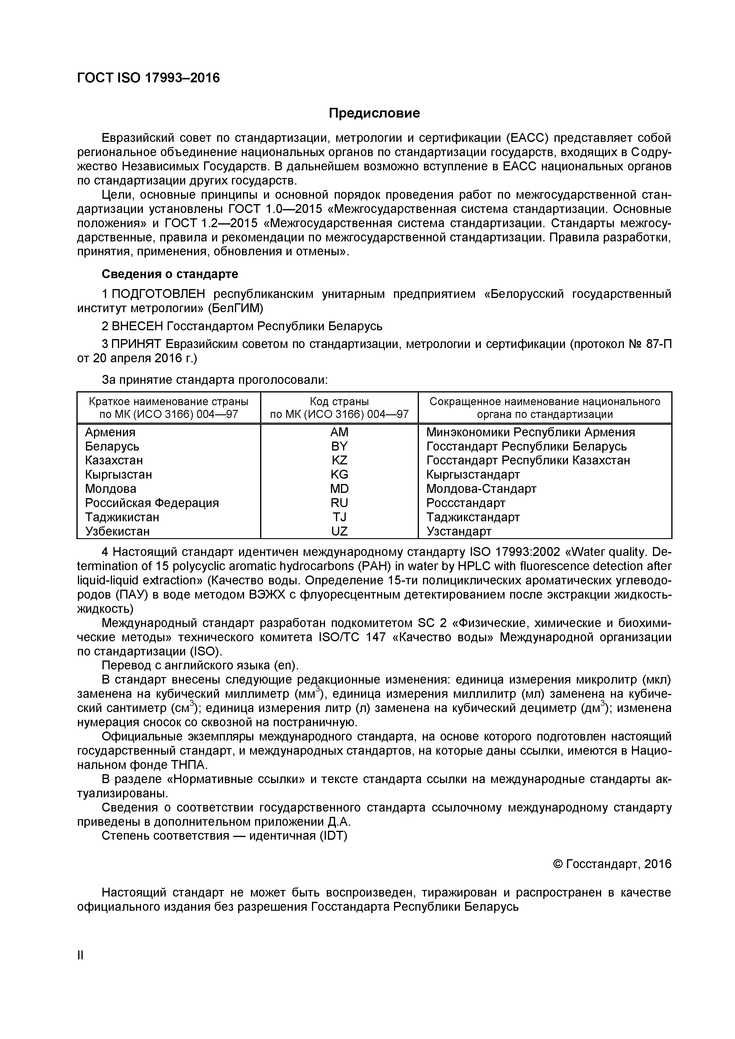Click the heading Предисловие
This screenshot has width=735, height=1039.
[374, 113]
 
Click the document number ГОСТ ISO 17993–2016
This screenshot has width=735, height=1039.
[148, 78]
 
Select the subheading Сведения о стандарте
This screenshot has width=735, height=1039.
[170, 274]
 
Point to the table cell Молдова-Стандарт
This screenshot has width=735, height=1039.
[481, 489]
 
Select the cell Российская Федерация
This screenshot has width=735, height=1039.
[152, 503]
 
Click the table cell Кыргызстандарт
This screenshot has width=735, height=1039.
[473, 475]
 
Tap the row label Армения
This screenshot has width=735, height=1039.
[110, 432]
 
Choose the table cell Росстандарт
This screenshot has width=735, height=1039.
[466, 503]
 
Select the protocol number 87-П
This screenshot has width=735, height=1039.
[659, 344]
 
